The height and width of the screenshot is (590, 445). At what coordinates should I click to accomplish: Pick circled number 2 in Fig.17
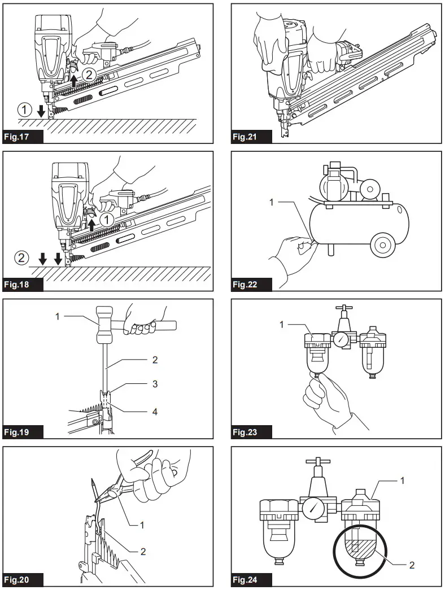coord(89,73)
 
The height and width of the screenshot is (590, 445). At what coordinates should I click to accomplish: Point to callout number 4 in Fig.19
coord(155,411)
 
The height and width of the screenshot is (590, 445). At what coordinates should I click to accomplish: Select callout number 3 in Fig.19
coord(155,384)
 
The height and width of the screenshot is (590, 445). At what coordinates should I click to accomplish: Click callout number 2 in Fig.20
coord(143,551)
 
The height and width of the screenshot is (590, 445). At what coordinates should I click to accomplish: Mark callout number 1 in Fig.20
coord(142,525)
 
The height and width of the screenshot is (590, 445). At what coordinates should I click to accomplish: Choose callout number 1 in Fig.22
coord(271,201)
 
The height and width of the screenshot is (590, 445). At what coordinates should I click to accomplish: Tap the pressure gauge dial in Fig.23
coord(341,340)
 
